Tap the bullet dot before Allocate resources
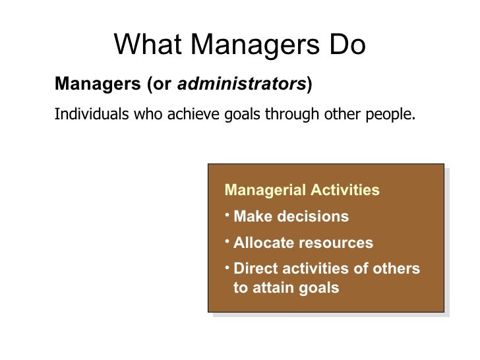(227, 240)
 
